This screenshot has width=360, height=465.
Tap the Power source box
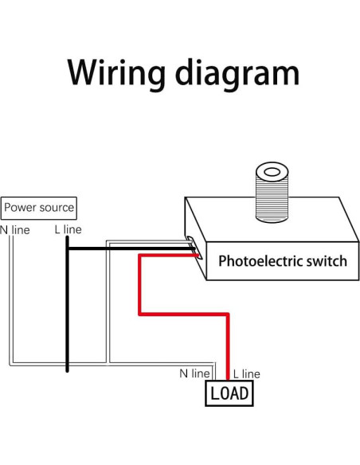click(x=39, y=208)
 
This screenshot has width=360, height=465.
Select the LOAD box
click(x=229, y=393)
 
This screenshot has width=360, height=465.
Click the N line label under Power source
click(x=15, y=229)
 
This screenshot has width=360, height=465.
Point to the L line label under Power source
click(x=68, y=229)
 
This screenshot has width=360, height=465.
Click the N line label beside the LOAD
click(x=194, y=373)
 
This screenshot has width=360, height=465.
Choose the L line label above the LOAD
click(x=245, y=373)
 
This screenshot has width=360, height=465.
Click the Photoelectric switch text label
click(x=282, y=260)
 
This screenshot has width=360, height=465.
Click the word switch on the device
click(x=328, y=260)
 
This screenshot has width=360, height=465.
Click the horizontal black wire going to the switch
click(x=127, y=248)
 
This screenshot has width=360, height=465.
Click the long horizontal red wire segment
click(x=184, y=315)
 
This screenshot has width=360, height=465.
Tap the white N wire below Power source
click(x=12, y=303)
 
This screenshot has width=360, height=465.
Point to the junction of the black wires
click(x=67, y=248)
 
